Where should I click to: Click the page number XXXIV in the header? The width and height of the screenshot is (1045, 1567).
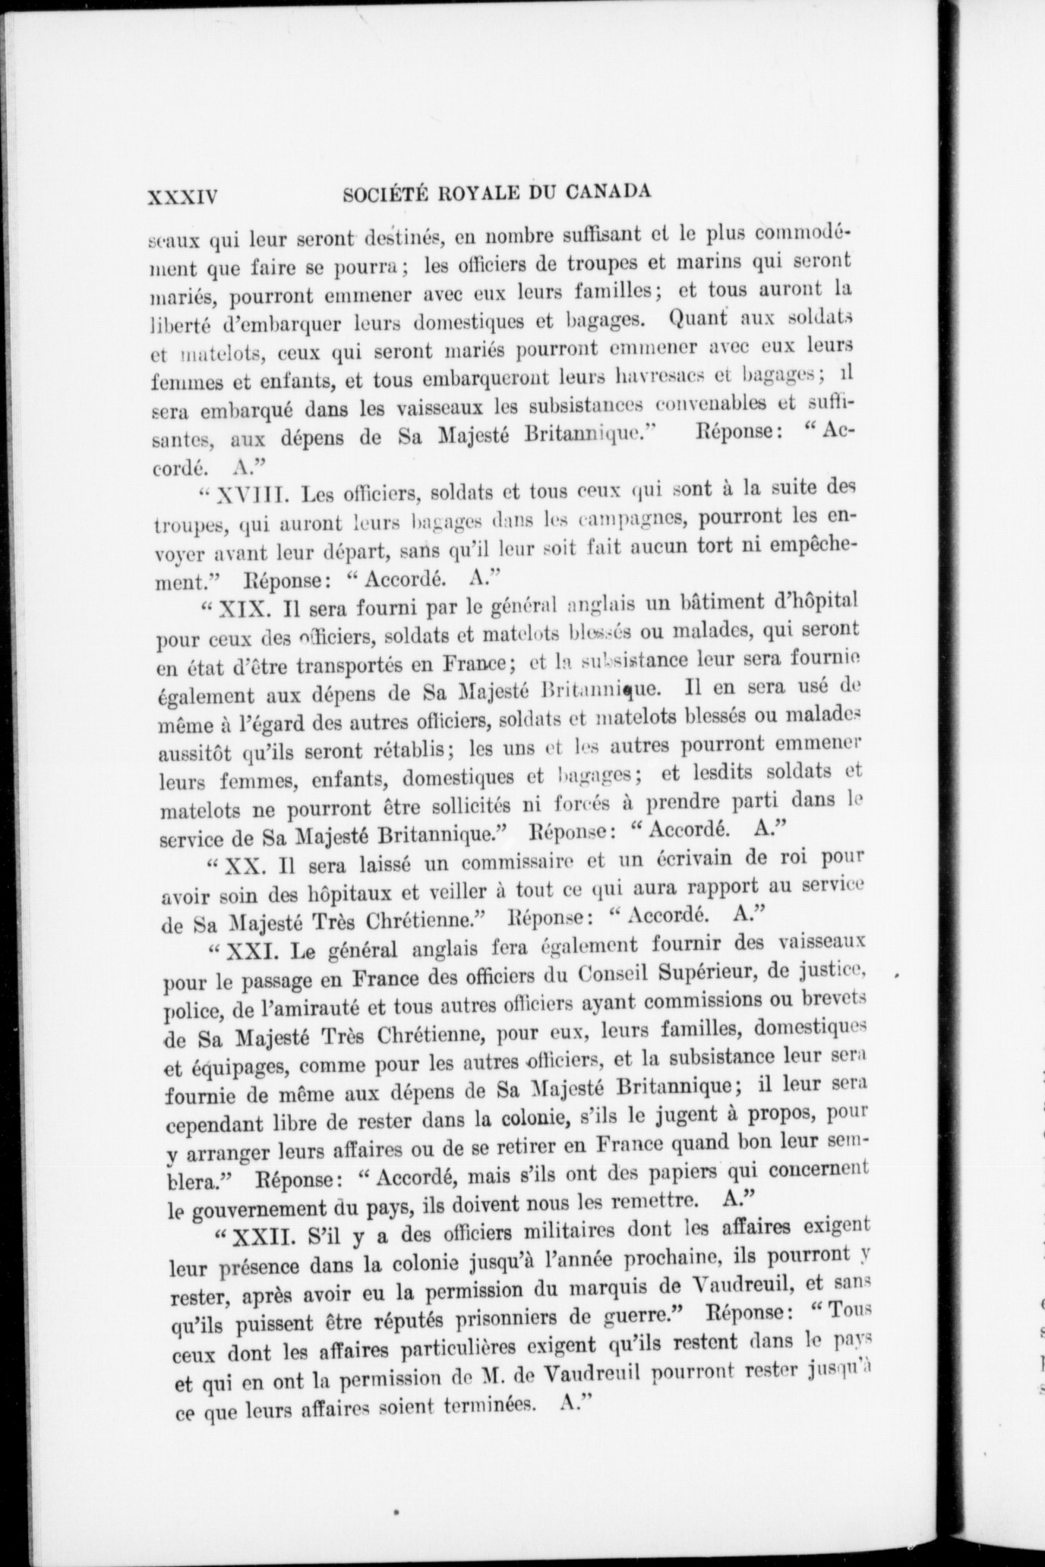point(183,198)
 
